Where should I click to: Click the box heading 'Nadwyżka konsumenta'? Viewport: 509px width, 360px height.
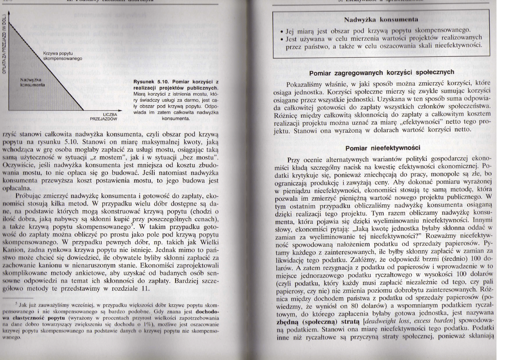(380, 19)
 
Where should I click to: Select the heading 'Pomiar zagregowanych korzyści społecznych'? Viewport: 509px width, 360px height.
(382, 73)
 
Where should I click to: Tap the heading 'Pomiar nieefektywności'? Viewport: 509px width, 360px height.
(383, 148)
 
